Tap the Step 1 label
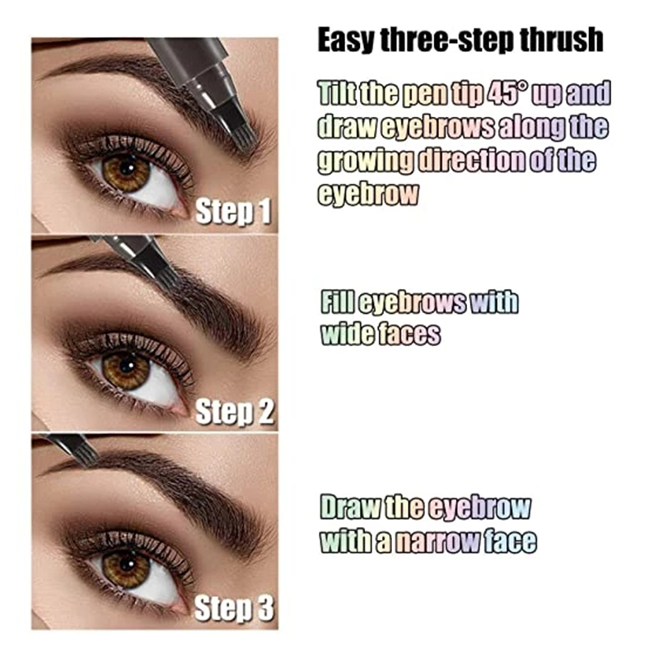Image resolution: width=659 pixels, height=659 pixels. (x=233, y=212)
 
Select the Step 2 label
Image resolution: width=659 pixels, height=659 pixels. (x=235, y=412)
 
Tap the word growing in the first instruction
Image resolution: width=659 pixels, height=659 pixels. (x=366, y=161)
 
